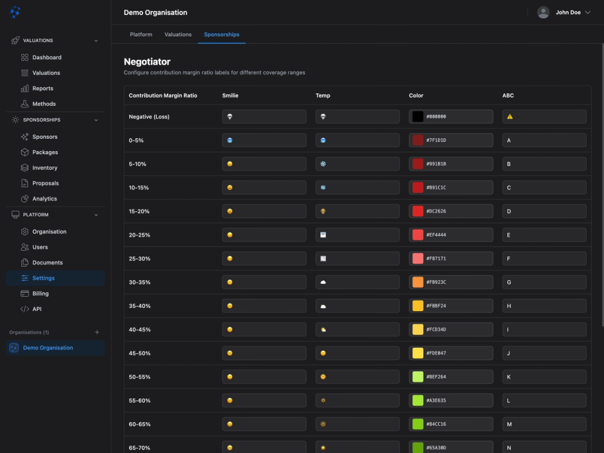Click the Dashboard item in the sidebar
(x=47, y=57)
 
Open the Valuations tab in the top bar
(x=178, y=34)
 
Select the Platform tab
(x=141, y=34)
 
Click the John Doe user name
(x=568, y=12)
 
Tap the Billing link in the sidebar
(x=40, y=294)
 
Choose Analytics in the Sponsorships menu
(x=44, y=199)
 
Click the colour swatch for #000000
(x=417, y=117)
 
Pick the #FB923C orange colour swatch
(x=417, y=282)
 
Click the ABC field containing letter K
(x=544, y=377)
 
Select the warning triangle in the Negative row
(x=510, y=117)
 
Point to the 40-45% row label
(x=140, y=330)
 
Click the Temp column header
(x=323, y=95)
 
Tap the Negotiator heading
(x=147, y=62)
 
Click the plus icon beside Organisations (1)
(x=97, y=332)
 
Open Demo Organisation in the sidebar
(x=48, y=348)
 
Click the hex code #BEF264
(x=436, y=377)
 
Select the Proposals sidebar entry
(x=45, y=183)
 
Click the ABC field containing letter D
(x=544, y=211)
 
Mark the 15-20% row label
(x=140, y=211)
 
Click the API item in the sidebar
(x=37, y=309)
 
